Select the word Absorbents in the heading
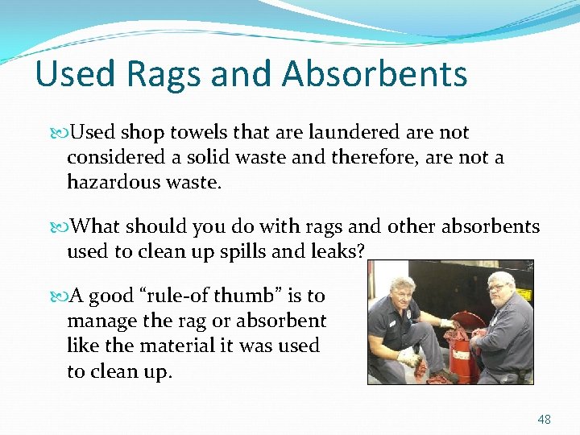pos(375,73)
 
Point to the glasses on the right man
pos(499,287)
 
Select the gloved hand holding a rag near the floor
pos(411,358)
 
